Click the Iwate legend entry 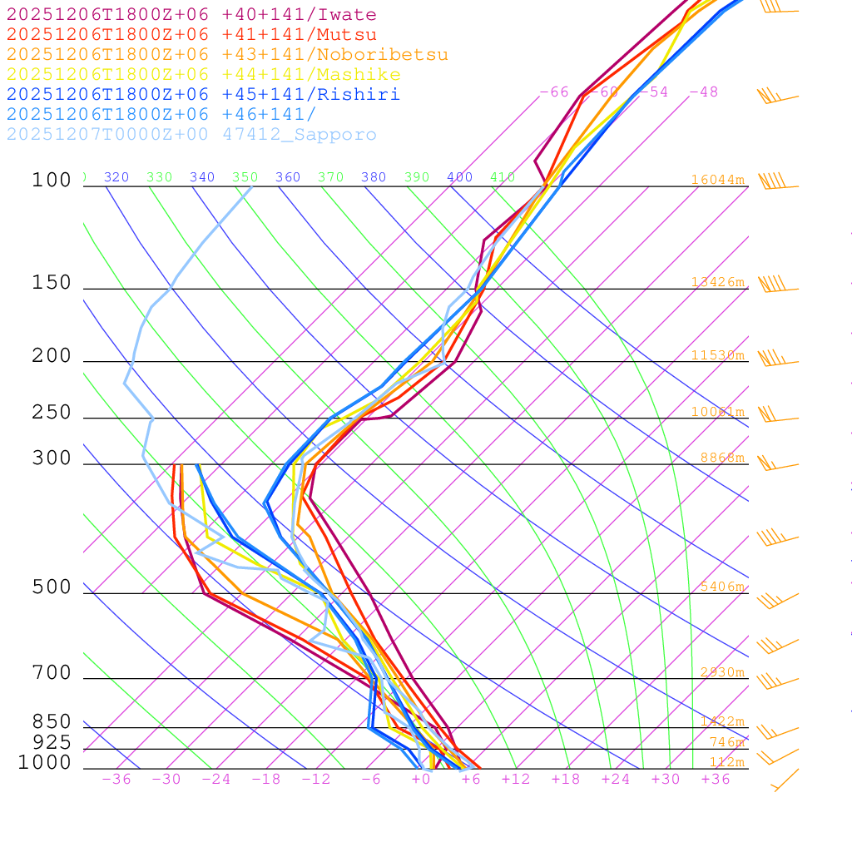point(191,15)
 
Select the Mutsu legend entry point(191,35)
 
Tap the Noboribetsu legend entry point(227,55)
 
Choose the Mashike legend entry point(203,75)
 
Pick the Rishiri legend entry point(203,95)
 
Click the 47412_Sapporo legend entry point(191,135)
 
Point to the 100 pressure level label point(52,180)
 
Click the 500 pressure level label point(52,587)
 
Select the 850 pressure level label point(52,721)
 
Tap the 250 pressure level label point(52,413)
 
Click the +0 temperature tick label point(421,780)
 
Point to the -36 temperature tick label point(116,780)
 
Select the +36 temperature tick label point(716,780)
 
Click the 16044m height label point(717,180)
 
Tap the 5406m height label point(721,587)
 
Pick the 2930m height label point(721,672)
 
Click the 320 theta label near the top point(116,177)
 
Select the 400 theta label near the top point(459,177)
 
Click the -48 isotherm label point(703,92)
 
